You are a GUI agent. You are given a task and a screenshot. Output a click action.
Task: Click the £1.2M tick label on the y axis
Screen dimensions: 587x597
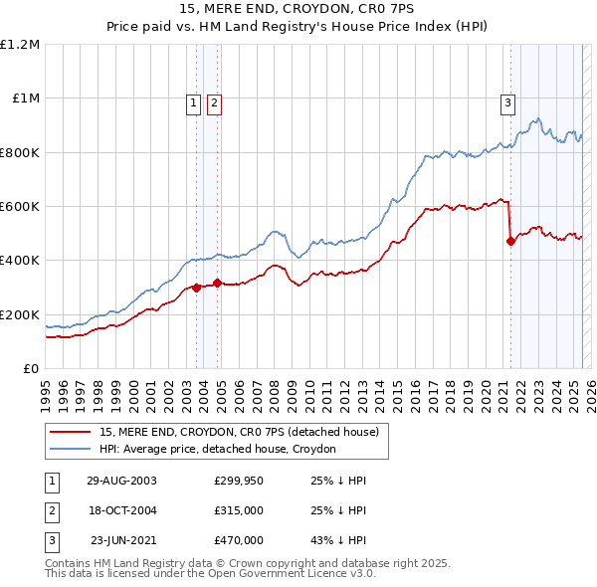click(20, 45)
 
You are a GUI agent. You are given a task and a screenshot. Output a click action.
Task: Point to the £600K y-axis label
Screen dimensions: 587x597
click(20, 207)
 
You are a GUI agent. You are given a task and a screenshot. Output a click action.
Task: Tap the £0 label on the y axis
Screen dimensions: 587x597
click(31, 369)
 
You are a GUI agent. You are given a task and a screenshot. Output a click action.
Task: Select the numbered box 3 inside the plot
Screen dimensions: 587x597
click(507, 100)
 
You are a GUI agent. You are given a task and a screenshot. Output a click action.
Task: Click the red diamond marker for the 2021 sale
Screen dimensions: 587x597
click(511, 241)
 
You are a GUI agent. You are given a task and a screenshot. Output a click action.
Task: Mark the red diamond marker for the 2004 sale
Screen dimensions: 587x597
click(218, 284)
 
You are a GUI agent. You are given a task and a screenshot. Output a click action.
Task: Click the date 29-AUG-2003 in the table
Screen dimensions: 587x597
click(121, 481)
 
